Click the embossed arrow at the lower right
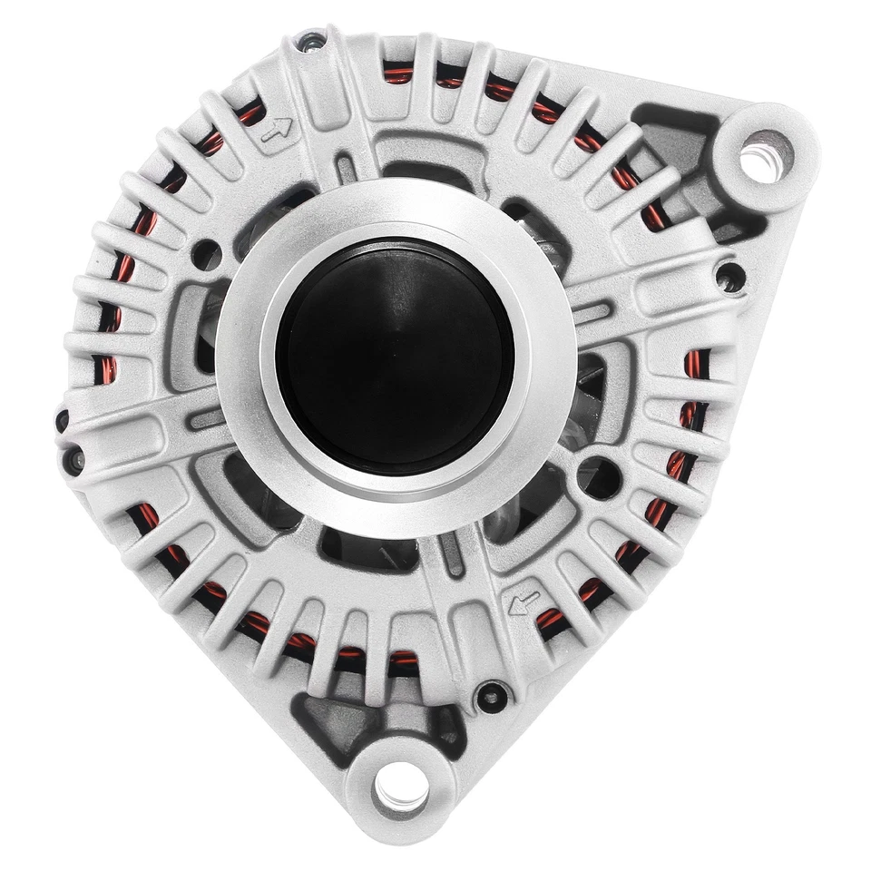tap(524, 599)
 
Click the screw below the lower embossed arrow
tap(491, 694)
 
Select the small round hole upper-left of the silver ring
tap(208, 251)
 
